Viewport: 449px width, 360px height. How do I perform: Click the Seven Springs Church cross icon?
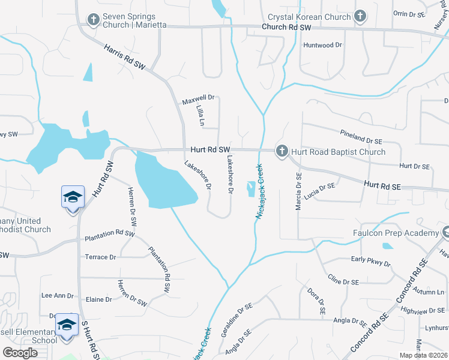[x=93, y=20]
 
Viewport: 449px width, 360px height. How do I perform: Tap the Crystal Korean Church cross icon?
[x=360, y=17]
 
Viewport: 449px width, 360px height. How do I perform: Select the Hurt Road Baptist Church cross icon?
[x=282, y=151]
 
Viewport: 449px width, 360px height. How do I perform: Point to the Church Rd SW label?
[x=287, y=28]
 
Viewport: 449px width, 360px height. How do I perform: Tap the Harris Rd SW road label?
[x=125, y=59]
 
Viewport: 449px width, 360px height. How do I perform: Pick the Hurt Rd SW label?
[x=210, y=149]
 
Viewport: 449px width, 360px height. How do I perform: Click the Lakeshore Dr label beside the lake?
[x=197, y=175]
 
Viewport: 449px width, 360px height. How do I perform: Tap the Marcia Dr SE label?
[x=298, y=191]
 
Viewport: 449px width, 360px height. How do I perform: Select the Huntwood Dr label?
[x=322, y=45]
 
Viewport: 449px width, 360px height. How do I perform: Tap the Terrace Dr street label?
[x=100, y=257]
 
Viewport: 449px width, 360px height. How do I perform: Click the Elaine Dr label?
[x=100, y=299]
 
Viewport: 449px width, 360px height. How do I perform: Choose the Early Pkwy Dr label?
[x=370, y=261]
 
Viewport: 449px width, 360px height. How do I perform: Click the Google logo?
[x=20, y=353]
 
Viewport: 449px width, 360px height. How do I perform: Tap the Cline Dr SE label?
[x=343, y=279]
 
